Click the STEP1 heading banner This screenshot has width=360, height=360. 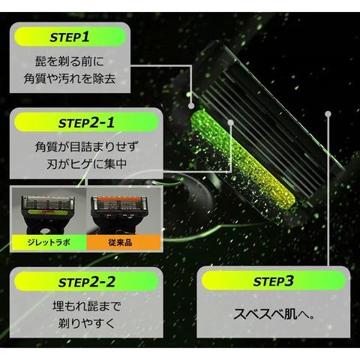click(x=70, y=37)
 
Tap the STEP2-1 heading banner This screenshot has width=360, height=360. click(x=86, y=122)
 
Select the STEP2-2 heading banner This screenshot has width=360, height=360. click(x=86, y=282)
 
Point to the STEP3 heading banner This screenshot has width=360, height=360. click(x=274, y=280)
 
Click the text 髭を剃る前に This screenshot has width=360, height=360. click(x=70, y=61)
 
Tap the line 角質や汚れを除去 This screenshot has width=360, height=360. click(x=70, y=79)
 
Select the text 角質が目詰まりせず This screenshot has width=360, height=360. click(x=86, y=147)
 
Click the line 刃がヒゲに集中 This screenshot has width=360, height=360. click(x=86, y=164)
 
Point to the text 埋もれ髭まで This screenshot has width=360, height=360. click(x=86, y=306)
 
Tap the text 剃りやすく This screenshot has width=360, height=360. click(x=86, y=323)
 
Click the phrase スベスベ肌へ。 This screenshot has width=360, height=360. click(x=274, y=313)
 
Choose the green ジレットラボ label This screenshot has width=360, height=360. click(x=49, y=242)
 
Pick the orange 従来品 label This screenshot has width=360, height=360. click(x=123, y=242)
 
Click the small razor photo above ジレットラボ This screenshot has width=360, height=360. click(x=49, y=211)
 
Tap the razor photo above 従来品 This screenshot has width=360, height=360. click(x=123, y=211)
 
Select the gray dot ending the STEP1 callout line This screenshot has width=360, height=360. click(x=191, y=106)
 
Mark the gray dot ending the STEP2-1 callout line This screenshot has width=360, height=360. click(x=231, y=122)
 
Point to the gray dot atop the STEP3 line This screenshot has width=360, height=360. click(x=328, y=114)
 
